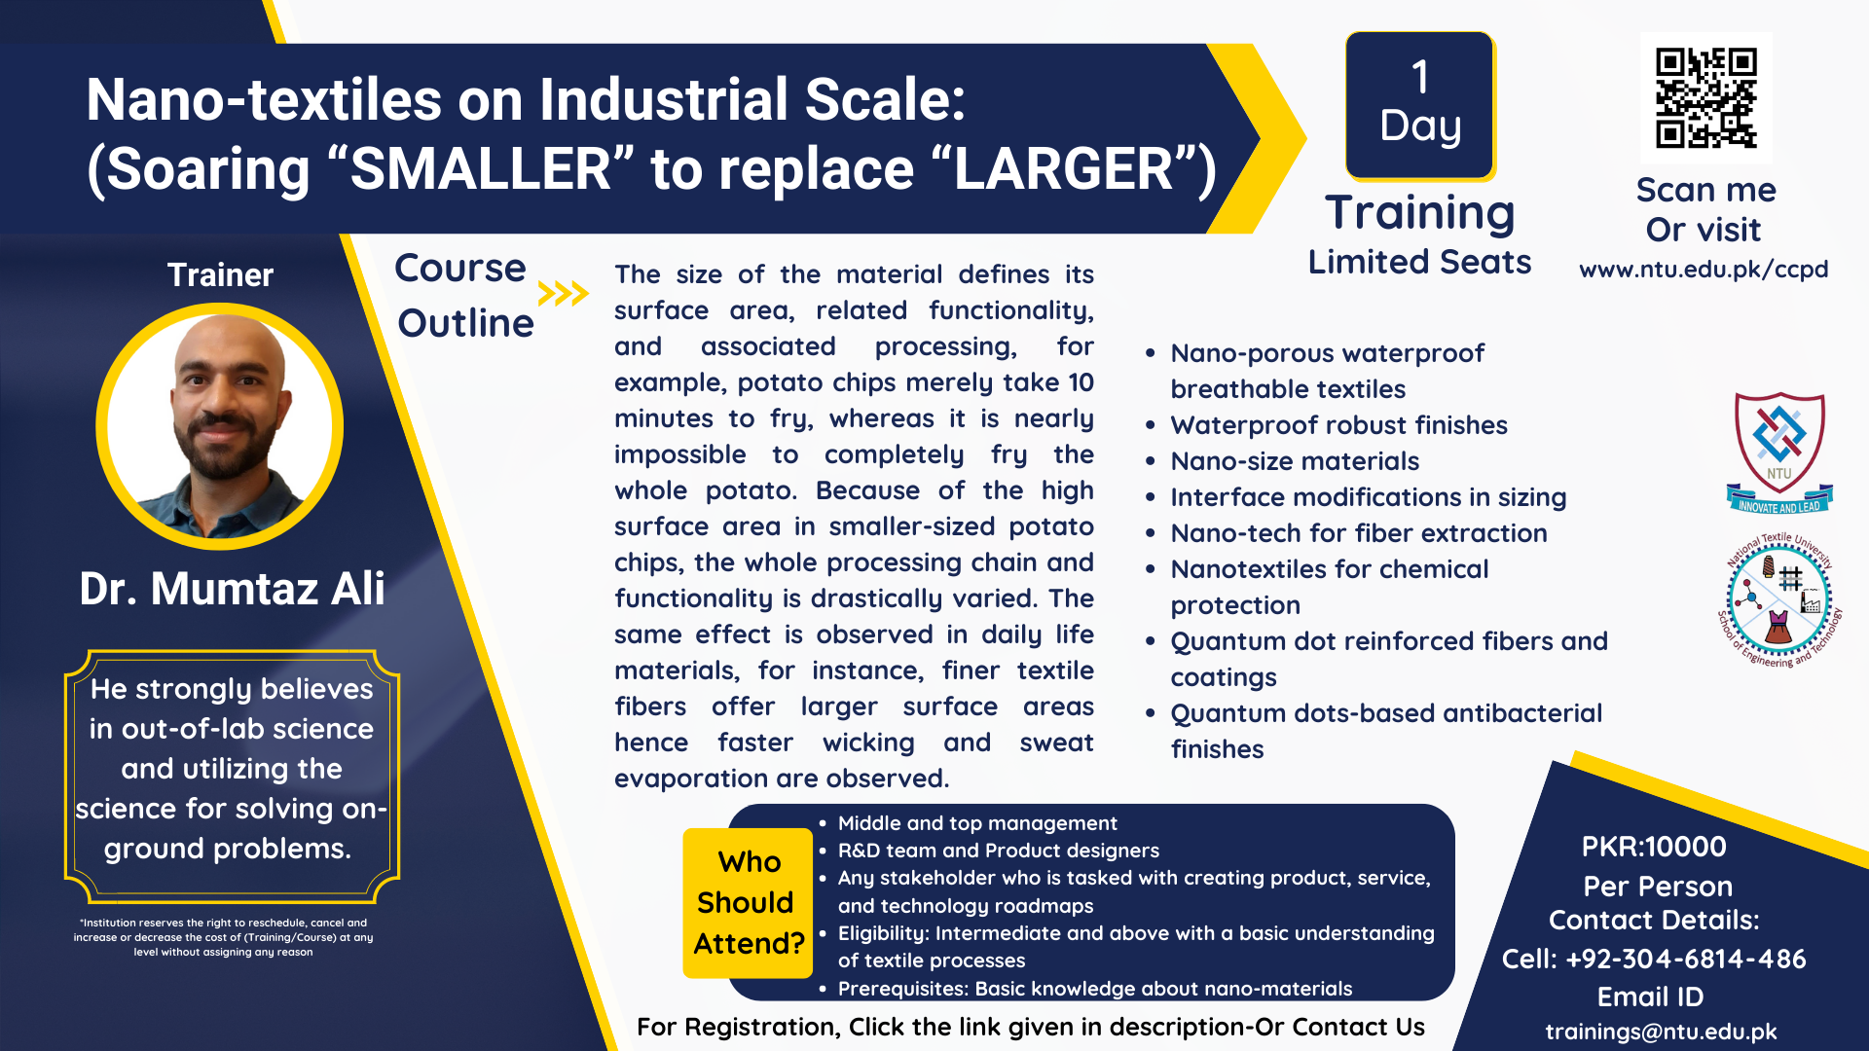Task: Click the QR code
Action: click(1705, 97)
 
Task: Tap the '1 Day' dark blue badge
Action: click(1420, 105)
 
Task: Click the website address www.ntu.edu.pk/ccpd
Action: click(1704, 269)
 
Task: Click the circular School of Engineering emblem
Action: click(1779, 599)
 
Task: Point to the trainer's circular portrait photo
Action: click(220, 426)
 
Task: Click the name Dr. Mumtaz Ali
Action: click(232, 589)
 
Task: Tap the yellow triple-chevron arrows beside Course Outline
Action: click(563, 293)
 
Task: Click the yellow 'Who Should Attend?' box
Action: click(749, 902)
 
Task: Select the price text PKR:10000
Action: click(1654, 847)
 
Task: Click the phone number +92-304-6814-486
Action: click(1685, 960)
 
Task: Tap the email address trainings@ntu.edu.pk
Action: click(1661, 1032)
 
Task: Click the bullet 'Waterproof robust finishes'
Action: click(1338, 425)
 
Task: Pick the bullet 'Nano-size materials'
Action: click(1295, 461)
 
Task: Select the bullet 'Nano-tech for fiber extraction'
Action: click(1359, 533)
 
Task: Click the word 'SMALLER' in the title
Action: click(480, 169)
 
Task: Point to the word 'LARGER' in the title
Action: click(1064, 169)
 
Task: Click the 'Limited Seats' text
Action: click(1419, 262)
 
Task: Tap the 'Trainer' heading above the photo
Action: click(220, 275)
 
